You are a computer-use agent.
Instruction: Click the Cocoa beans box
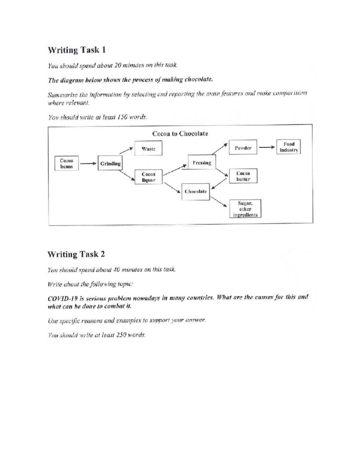[x=67, y=163]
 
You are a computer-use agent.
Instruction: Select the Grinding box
[x=110, y=164]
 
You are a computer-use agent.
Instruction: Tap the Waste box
[x=148, y=149]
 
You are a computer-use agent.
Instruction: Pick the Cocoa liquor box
[x=148, y=177]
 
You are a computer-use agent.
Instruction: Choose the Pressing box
[x=202, y=163]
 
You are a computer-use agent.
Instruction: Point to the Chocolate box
[x=196, y=191]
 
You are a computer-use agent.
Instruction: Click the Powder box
[x=243, y=148]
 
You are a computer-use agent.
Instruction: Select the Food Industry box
[x=289, y=147]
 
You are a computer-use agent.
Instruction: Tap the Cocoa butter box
[x=243, y=176]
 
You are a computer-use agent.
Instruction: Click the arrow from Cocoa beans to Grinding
[x=88, y=164]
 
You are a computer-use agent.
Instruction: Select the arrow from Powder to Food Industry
[x=267, y=147]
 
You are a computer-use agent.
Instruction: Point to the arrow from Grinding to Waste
[x=127, y=150]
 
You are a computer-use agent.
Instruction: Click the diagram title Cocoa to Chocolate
[x=180, y=134]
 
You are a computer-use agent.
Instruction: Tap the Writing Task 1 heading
[x=76, y=50]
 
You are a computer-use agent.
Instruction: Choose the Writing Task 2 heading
[x=76, y=254]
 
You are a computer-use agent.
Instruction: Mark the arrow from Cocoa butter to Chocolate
[x=219, y=183]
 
